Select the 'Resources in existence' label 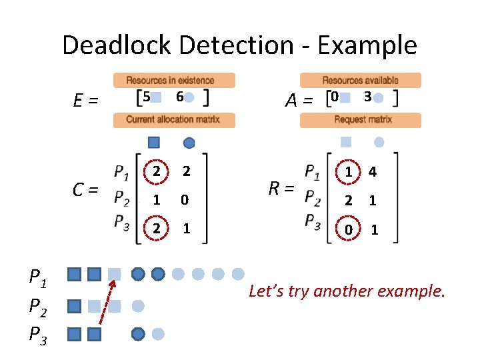(174, 81)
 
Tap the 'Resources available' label (361, 81)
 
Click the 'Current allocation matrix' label (173, 120)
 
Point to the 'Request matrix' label (361, 120)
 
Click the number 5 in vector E (146, 97)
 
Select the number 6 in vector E (179, 97)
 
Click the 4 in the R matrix (373, 172)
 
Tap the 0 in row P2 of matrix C (187, 199)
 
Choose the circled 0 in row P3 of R (349, 229)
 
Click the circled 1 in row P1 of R (349, 172)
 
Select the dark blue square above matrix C (154, 142)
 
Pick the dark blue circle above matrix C (189, 142)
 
